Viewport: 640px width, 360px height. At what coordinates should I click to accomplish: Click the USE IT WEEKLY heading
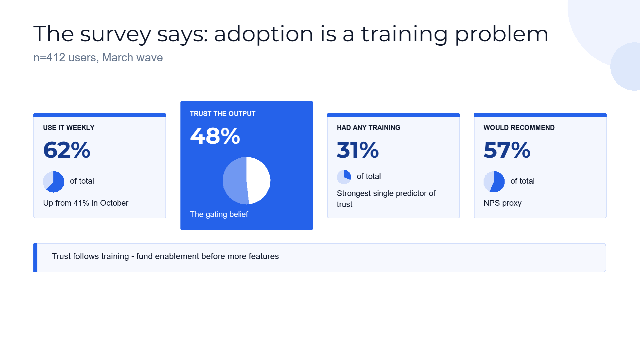tap(69, 128)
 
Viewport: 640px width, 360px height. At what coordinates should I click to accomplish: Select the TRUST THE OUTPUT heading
tap(222, 114)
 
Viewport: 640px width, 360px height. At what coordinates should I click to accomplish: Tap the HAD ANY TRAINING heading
tap(368, 128)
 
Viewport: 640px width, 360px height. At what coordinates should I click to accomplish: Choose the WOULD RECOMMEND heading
tap(519, 128)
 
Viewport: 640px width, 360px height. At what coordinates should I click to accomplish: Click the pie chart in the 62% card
tap(54, 182)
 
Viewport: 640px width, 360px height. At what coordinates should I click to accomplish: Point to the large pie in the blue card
tap(246, 181)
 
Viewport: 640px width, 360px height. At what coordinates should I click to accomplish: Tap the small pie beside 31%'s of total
tap(344, 177)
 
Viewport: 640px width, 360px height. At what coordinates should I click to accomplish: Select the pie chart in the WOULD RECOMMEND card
tap(494, 182)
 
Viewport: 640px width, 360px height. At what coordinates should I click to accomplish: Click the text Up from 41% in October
tap(86, 203)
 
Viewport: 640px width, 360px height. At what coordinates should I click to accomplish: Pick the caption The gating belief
tap(219, 214)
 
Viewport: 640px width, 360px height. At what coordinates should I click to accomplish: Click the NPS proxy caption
tap(503, 203)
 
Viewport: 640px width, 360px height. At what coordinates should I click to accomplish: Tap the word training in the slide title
tap(405, 34)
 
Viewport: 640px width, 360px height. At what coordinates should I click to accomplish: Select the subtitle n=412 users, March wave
tap(98, 57)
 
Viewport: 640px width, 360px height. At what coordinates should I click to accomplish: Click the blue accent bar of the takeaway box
tap(35, 258)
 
